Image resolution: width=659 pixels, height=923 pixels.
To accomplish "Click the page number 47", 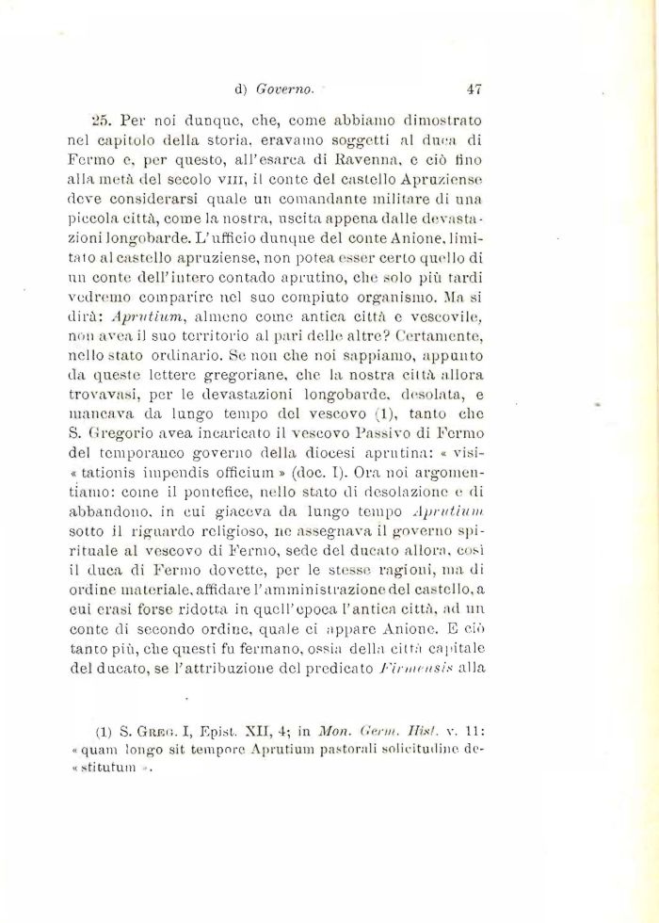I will (x=474, y=90).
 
